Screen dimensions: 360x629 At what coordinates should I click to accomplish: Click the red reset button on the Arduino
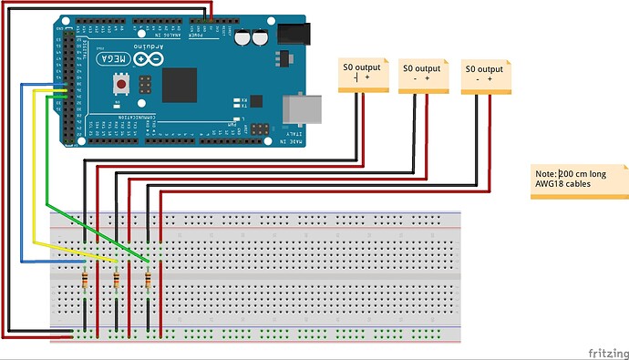tap(120, 86)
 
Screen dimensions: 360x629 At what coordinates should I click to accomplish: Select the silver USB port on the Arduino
tap(296, 107)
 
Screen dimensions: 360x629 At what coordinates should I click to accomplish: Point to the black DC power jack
tap(293, 35)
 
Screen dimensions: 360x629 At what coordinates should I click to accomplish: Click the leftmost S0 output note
tap(364, 74)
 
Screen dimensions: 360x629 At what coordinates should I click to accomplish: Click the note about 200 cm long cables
tap(579, 181)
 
